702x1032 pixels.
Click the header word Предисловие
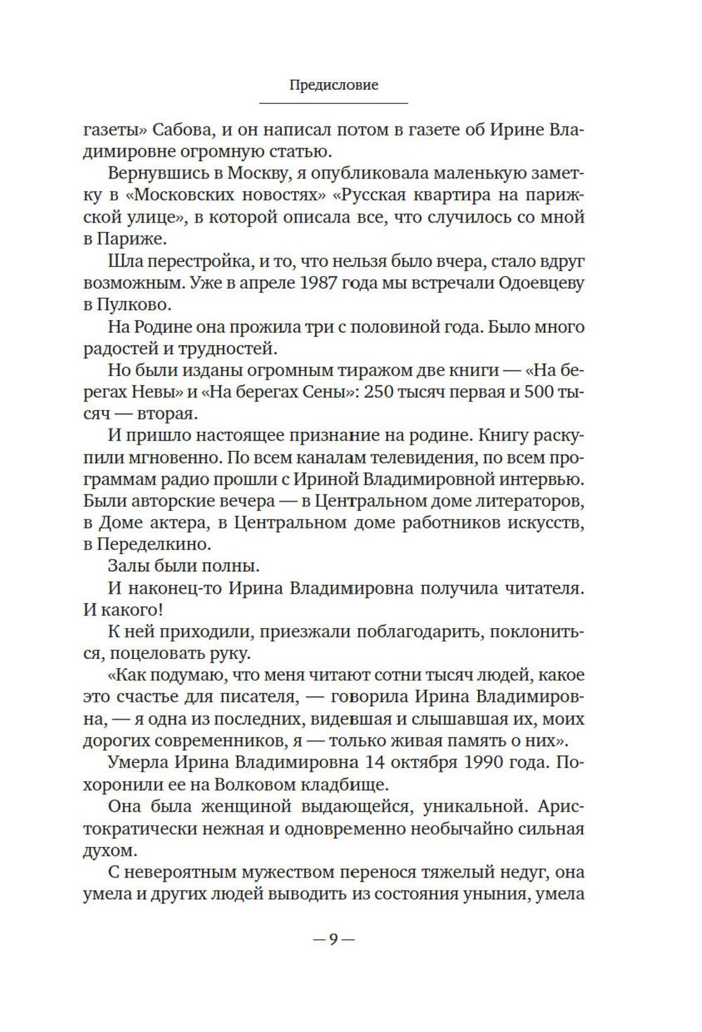333,85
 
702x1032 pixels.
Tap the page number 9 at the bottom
333,939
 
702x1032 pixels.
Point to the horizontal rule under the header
333,104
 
